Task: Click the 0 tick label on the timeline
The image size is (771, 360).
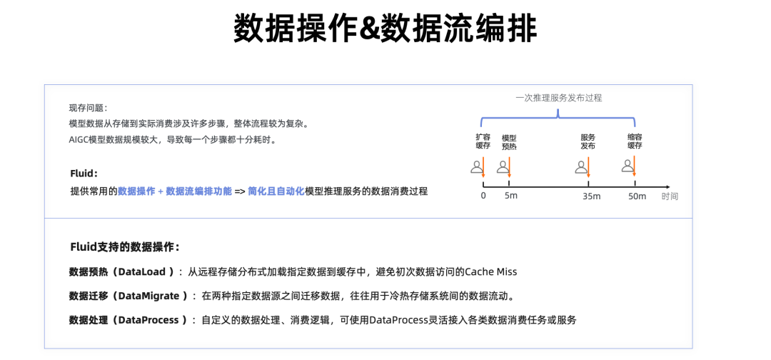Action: click(483, 196)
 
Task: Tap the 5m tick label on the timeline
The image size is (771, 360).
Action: click(510, 196)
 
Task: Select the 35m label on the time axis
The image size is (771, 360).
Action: click(591, 196)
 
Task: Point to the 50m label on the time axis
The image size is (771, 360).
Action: click(637, 196)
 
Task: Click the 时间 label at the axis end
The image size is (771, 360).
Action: click(670, 196)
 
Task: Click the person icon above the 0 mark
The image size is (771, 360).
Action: click(476, 168)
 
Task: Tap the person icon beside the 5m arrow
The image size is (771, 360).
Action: click(502, 168)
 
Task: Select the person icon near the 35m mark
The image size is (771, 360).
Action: click(581, 168)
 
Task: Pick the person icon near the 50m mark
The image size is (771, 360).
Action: click(627, 166)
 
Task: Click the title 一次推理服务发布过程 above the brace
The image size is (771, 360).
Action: click(558, 98)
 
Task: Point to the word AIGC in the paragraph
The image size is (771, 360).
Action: click(78, 139)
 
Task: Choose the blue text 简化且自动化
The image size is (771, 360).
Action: click(276, 191)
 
